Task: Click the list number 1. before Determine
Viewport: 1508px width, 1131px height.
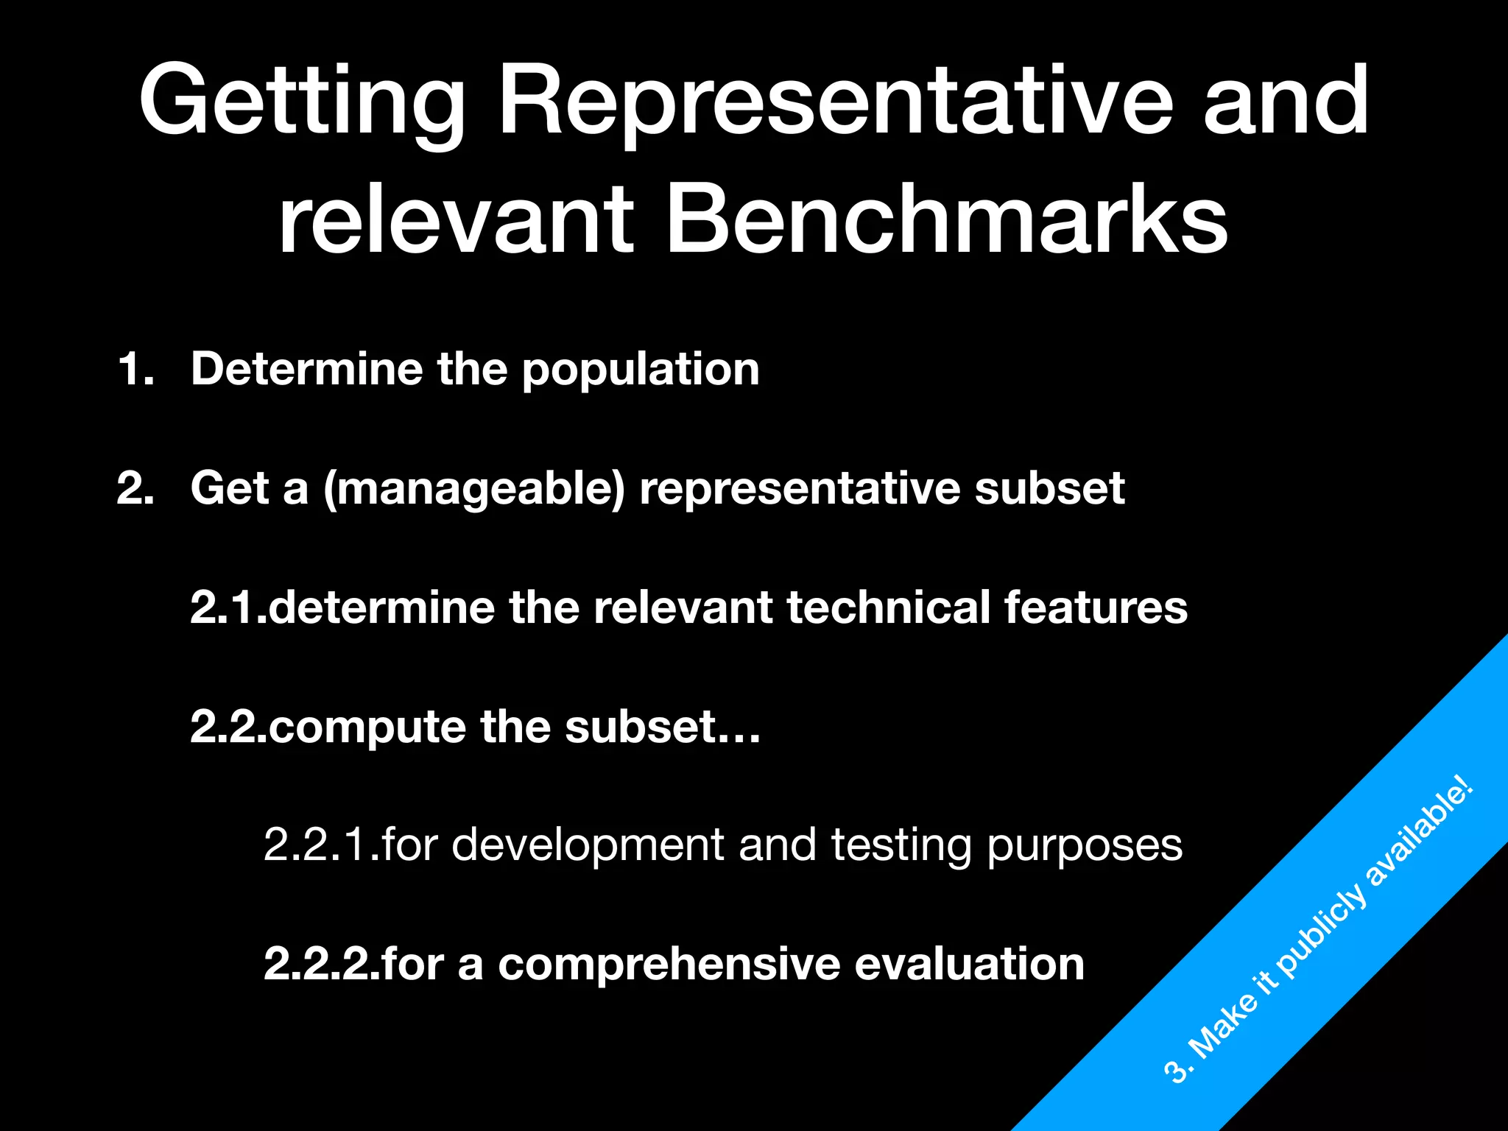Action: click(x=136, y=368)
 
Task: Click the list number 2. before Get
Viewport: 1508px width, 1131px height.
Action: click(x=136, y=487)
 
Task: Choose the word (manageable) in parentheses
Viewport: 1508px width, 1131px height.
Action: click(x=474, y=489)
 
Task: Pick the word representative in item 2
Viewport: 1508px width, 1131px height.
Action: click(x=800, y=489)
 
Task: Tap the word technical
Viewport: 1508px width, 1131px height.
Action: click(x=888, y=607)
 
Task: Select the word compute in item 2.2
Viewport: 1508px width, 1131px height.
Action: click(x=367, y=727)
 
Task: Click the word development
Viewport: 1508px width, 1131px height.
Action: click(x=588, y=845)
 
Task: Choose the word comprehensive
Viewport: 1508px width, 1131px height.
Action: click(x=669, y=965)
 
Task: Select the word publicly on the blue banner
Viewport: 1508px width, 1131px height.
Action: click(x=1322, y=932)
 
